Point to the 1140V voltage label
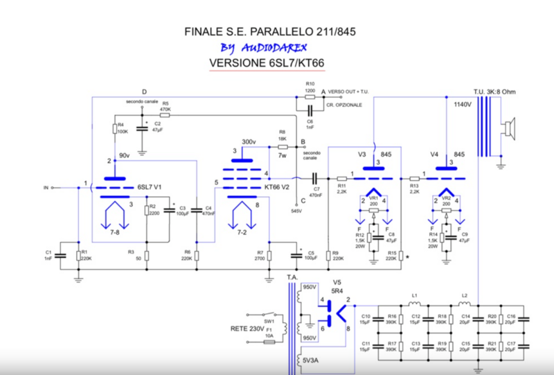[463, 105]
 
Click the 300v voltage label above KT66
[247, 141]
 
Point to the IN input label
[47, 187]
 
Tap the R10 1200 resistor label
[310, 87]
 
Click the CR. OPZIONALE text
[344, 104]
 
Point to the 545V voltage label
[296, 210]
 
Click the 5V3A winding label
[308, 361]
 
